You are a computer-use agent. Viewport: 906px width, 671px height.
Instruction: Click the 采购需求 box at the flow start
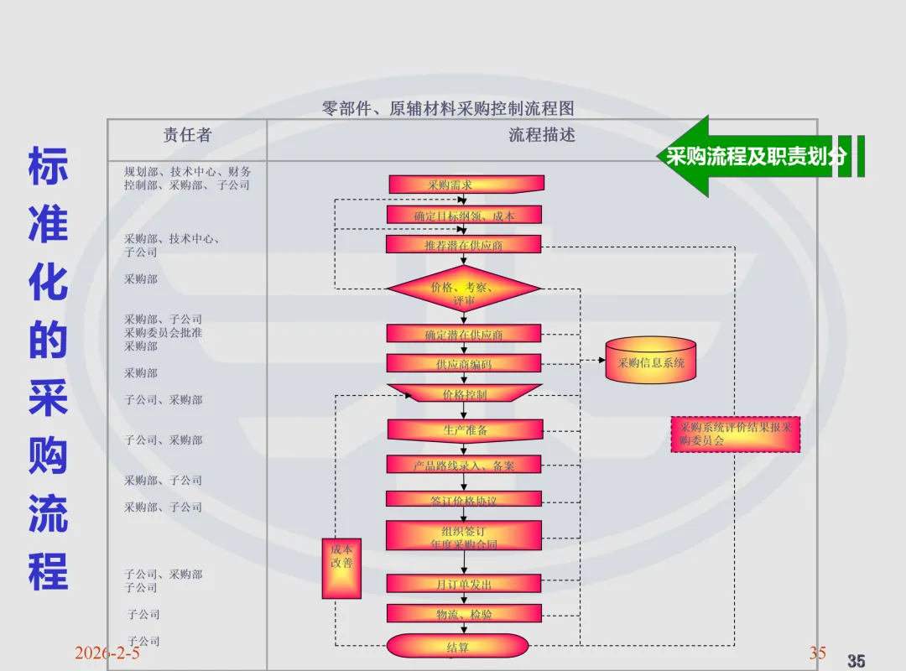pos(466,185)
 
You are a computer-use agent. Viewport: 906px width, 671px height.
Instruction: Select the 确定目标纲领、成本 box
pos(464,216)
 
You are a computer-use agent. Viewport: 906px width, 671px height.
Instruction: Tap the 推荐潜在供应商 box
pos(464,244)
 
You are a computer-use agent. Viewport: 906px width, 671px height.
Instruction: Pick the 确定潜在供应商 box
pos(464,334)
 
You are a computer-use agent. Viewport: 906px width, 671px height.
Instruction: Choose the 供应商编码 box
pos(464,363)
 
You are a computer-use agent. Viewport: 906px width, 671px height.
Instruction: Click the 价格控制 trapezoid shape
pos(464,393)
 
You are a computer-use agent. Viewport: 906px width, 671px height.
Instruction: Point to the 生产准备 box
pos(465,429)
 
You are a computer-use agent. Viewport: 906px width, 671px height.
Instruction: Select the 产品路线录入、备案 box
pos(464,465)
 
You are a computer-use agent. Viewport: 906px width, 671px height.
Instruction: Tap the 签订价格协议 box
pos(464,500)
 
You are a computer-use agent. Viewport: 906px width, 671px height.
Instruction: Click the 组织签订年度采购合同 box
pos(464,536)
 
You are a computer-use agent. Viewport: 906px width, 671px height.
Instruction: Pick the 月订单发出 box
pos(464,584)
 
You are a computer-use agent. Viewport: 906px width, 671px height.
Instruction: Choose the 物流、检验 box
pos(464,614)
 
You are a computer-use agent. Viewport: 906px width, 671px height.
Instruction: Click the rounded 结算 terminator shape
pos(458,647)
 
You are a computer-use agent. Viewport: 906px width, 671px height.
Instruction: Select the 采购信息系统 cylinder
pos(651,362)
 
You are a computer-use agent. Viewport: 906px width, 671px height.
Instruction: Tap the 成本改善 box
pos(341,569)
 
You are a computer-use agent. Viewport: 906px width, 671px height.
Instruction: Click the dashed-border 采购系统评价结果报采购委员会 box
pos(736,434)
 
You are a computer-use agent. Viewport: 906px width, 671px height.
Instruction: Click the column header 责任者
pos(187,135)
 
